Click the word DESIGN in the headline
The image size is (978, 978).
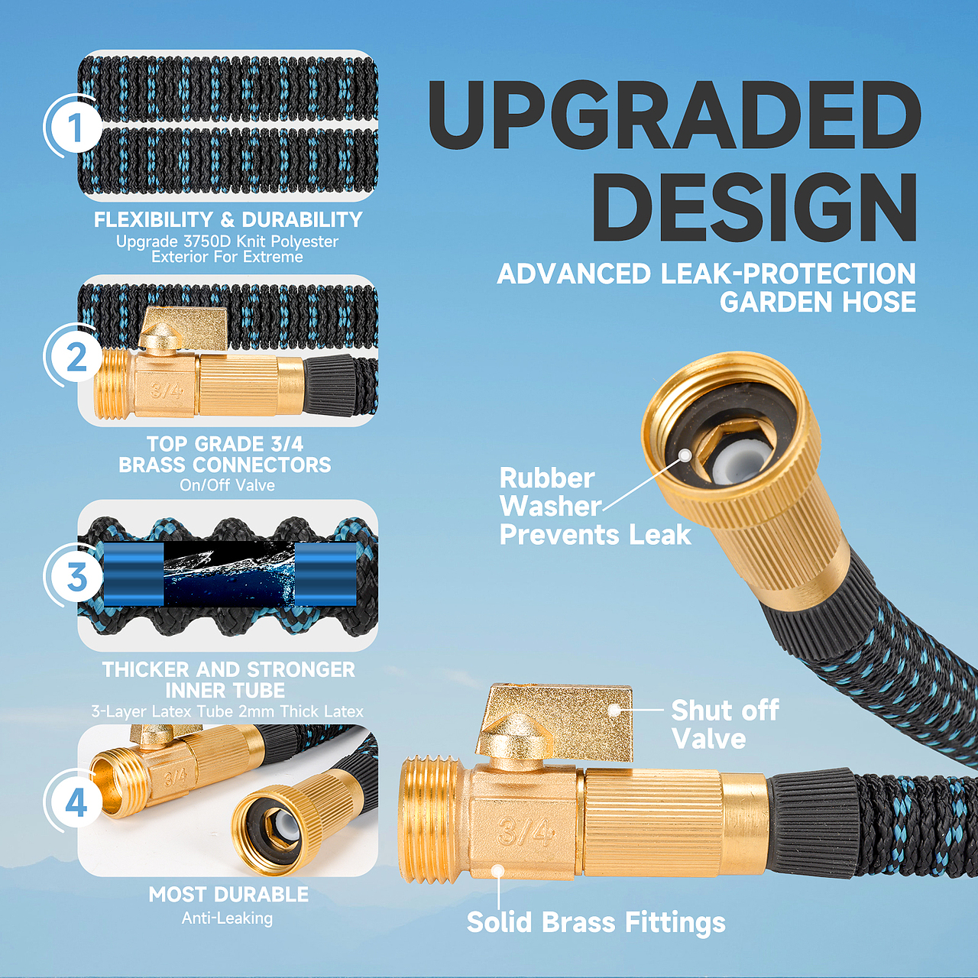756,208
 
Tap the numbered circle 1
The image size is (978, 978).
76,127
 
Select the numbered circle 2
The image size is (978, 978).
76,358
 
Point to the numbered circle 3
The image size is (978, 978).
76,578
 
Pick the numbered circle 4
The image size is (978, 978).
76,803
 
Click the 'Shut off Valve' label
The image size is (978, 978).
725,724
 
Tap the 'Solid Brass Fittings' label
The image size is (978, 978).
596,922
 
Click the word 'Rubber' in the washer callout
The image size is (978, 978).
547,478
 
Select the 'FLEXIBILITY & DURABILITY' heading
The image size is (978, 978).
228,220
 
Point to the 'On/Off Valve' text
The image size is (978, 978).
228,485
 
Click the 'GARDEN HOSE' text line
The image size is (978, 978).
818,302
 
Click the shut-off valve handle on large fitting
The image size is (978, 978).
555,723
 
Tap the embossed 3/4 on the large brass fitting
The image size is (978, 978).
524,831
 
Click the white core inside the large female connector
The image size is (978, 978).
727,466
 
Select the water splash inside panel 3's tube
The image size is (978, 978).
229,575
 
